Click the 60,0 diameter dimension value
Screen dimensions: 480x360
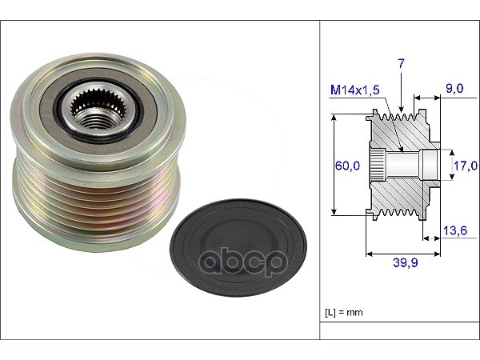coord(347,166)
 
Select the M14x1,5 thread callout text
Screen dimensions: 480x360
coord(355,90)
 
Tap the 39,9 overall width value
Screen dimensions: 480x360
coord(406,262)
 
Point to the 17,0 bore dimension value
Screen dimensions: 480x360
coord(466,166)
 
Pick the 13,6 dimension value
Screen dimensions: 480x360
coord(455,230)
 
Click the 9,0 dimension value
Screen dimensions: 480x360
coord(454,89)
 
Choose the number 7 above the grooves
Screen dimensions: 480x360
coord(401,64)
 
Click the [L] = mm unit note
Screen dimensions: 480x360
coord(344,312)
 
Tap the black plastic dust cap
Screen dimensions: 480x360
coord(238,248)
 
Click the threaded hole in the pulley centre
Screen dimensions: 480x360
coord(98,122)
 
